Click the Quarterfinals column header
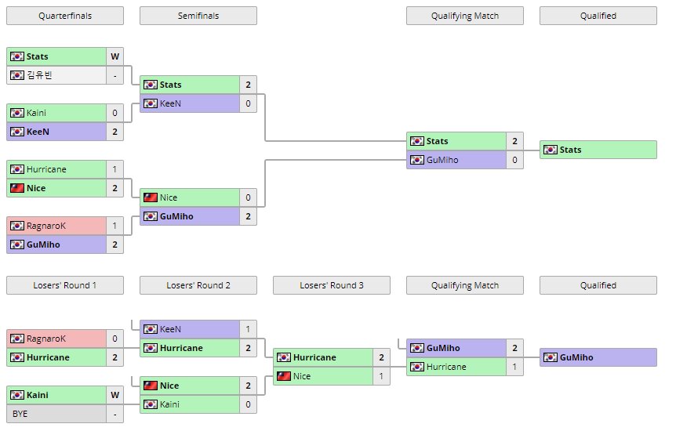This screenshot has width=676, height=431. (64, 16)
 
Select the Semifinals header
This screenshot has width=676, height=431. (198, 16)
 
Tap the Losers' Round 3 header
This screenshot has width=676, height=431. (331, 285)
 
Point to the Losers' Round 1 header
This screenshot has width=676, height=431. (64, 285)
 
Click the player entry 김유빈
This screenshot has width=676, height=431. (56, 75)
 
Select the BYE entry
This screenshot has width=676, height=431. (56, 414)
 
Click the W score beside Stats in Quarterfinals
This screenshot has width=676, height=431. (114, 56)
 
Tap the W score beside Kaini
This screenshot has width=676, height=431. (114, 395)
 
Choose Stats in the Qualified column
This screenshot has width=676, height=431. (598, 150)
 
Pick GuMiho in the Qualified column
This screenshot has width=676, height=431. (598, 357)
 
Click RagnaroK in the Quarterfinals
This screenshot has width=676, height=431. (56, 226)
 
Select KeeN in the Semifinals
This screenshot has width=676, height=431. (190, 103)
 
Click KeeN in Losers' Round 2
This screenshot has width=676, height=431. (190, 329)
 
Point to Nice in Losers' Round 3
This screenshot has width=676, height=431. (323, 376)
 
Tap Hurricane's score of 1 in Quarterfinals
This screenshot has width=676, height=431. (114, 169)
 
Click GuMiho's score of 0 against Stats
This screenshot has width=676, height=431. (514, 160)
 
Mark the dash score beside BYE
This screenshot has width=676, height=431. (114, 414)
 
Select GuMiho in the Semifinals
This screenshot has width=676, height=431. (190, 216)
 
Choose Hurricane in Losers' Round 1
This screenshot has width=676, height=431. (56, 357)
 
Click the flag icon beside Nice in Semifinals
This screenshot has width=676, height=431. (150, 197)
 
